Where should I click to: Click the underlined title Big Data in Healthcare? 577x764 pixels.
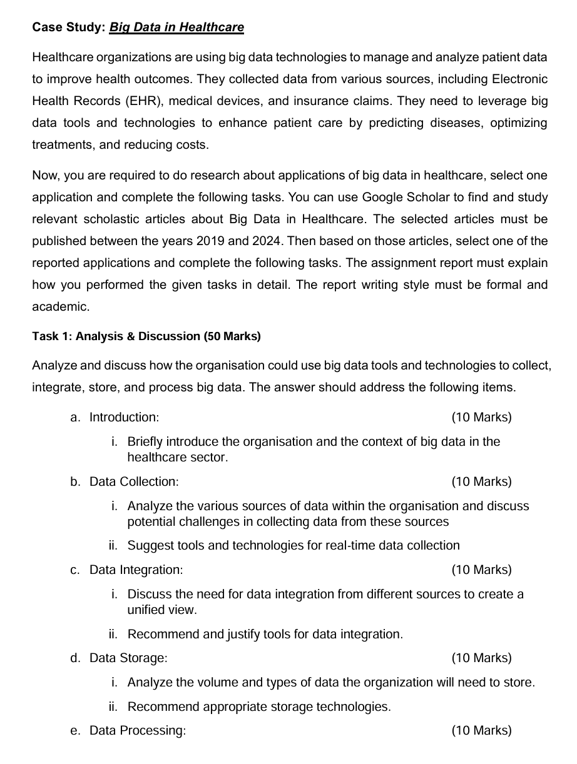[x=176, y=28]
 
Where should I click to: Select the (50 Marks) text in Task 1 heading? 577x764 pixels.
[x=232, y=336]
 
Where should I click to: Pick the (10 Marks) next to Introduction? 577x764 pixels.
[x=481, y=417]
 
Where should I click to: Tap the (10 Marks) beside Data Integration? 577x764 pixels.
[x=481, y=570]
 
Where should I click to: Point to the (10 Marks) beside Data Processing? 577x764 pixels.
[x=481, y=730]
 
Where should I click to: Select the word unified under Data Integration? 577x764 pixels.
[x=146, y=610]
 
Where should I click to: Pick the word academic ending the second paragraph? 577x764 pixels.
[x=61, y=307]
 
